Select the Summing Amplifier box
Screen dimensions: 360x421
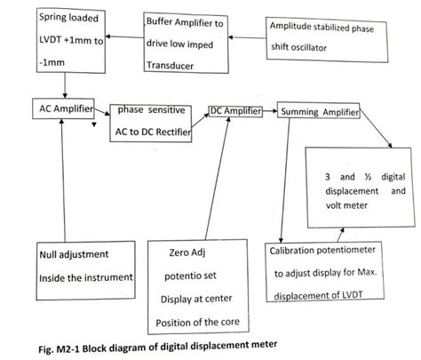coord(319,114)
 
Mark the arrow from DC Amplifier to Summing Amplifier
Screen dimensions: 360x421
coord(271,113)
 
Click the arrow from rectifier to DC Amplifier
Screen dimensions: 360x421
coord(202,121)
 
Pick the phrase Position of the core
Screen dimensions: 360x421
coord(198,321)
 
